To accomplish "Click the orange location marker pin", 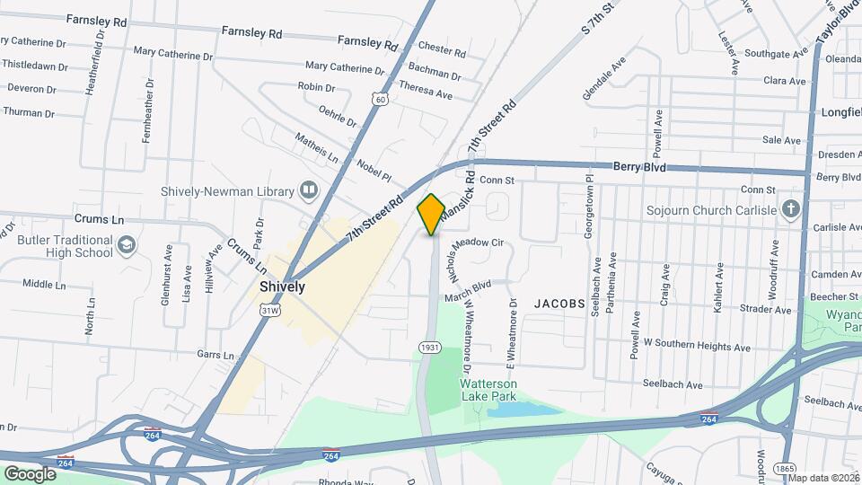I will tap(431, 214).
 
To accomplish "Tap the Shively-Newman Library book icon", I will tap(309, 190).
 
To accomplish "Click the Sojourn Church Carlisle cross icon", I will tap(791, 210).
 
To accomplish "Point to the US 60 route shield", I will tap(382, 100).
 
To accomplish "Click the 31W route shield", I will tap(268, 310).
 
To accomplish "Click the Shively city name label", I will tap(282, 287).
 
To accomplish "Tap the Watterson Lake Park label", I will tap(488, 389).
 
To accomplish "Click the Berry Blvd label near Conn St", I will tap(639, 167).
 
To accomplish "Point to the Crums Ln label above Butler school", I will tap(99, 219).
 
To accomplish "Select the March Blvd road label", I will tap(468, 285).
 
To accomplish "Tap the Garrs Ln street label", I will tap(216, 355).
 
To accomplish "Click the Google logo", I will tap(30, 473).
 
